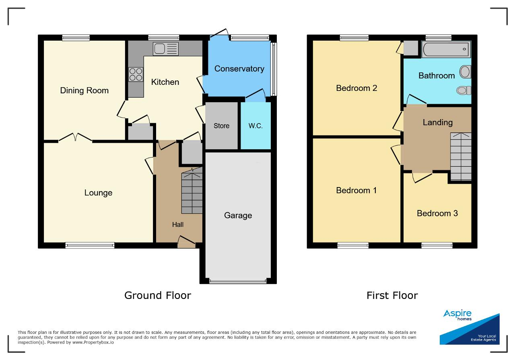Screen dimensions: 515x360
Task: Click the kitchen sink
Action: pos(166,49)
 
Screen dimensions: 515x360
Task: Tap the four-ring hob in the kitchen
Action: pos(136,74)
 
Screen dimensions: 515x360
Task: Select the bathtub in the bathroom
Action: pos(446,49)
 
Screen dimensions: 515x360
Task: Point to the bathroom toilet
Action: pos(464,91)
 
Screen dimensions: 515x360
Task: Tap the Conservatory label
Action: pos(239,69)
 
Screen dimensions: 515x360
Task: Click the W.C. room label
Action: pos(255,126)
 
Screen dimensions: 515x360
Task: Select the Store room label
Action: pos(221,126)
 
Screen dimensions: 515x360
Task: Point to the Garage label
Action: pos(238,216)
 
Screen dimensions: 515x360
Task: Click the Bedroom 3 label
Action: pos(437,213)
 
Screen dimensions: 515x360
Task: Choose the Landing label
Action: pos(438,122)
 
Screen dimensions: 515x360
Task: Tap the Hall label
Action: pos(178,224)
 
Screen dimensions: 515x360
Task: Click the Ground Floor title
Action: pos(158,295)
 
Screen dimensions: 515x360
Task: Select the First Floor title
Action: pos(392,295)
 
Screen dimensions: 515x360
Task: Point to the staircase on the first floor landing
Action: pos(461,156)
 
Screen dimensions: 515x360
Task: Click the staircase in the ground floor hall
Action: pos(192,191)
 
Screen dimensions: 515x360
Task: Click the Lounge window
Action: pos(90,245)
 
